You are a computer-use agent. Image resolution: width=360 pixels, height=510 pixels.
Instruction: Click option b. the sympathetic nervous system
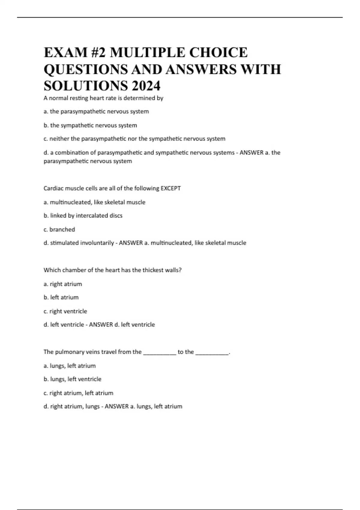[90, 125]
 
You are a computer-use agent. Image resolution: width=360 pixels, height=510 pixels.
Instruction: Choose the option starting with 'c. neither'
[134, 139]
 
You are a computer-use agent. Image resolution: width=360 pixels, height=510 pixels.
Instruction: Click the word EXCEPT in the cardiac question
[171, 188]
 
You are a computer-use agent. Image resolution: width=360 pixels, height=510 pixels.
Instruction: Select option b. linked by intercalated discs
[83, 216]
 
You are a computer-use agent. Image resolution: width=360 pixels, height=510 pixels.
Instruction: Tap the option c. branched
[59, 229]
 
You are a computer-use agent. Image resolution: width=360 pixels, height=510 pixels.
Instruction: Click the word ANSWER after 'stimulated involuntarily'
[131, 243]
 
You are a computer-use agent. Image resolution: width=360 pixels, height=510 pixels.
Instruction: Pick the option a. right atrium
[63, 284]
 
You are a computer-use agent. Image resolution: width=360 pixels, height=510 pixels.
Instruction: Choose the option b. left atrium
[61, 298]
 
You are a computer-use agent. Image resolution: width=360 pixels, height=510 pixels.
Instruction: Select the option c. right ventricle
[65, 311]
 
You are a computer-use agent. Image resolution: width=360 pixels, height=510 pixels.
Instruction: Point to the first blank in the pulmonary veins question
[160, 352]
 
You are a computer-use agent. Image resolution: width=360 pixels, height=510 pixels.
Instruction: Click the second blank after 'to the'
[212, 352]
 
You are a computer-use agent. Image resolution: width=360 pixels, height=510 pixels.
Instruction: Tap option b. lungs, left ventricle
[73, 379]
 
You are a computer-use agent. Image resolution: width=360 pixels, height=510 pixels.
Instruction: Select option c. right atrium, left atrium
[79, 393]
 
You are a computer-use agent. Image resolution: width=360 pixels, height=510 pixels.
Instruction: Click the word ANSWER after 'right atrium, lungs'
[117, 406]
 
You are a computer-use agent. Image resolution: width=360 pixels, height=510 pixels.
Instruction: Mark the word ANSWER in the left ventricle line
[101, 325]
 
